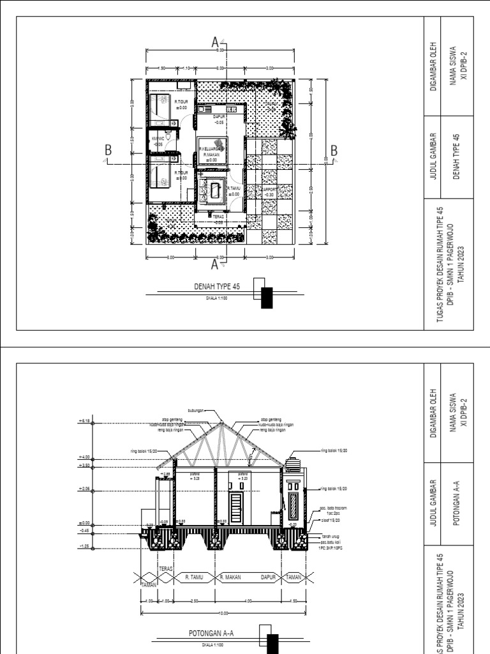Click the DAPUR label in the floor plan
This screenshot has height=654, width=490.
pos(219,117)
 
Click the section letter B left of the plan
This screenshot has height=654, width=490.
pos(108,151)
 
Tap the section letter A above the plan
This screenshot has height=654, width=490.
pos(215,43)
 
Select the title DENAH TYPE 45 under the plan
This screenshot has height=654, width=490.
pos(217,287)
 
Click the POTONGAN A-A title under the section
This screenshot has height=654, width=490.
pos(211,633)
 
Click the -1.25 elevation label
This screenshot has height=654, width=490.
pos(84,546)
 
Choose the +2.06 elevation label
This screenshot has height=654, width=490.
pos(85,489)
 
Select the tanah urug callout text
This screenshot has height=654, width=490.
pos(329,536)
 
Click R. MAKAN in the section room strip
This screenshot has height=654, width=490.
pos(229,577)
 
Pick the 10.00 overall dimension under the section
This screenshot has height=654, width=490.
pos(221,613)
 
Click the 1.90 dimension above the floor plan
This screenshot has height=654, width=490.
pos(162,68)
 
